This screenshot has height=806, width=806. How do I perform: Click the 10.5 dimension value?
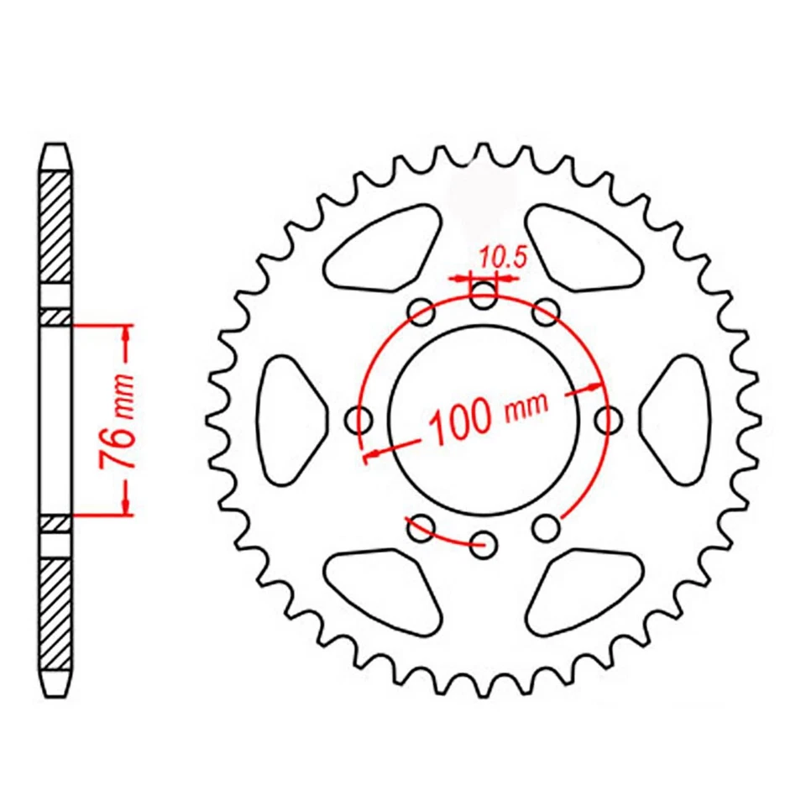(502, 258)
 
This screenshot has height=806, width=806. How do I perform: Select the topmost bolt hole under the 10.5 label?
(483, 293)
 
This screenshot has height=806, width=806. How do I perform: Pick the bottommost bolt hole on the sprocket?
(483, 540)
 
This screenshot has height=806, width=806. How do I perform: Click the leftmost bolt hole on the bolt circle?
(361, 417)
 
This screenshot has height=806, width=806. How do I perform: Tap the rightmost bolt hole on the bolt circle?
(605, 417)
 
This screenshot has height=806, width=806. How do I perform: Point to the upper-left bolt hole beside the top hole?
(420, 312)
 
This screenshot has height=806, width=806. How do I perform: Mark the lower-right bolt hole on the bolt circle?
(547, 527)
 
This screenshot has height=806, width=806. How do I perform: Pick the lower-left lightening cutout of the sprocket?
(382, 590)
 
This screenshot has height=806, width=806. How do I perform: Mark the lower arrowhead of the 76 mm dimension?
(126, 505)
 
